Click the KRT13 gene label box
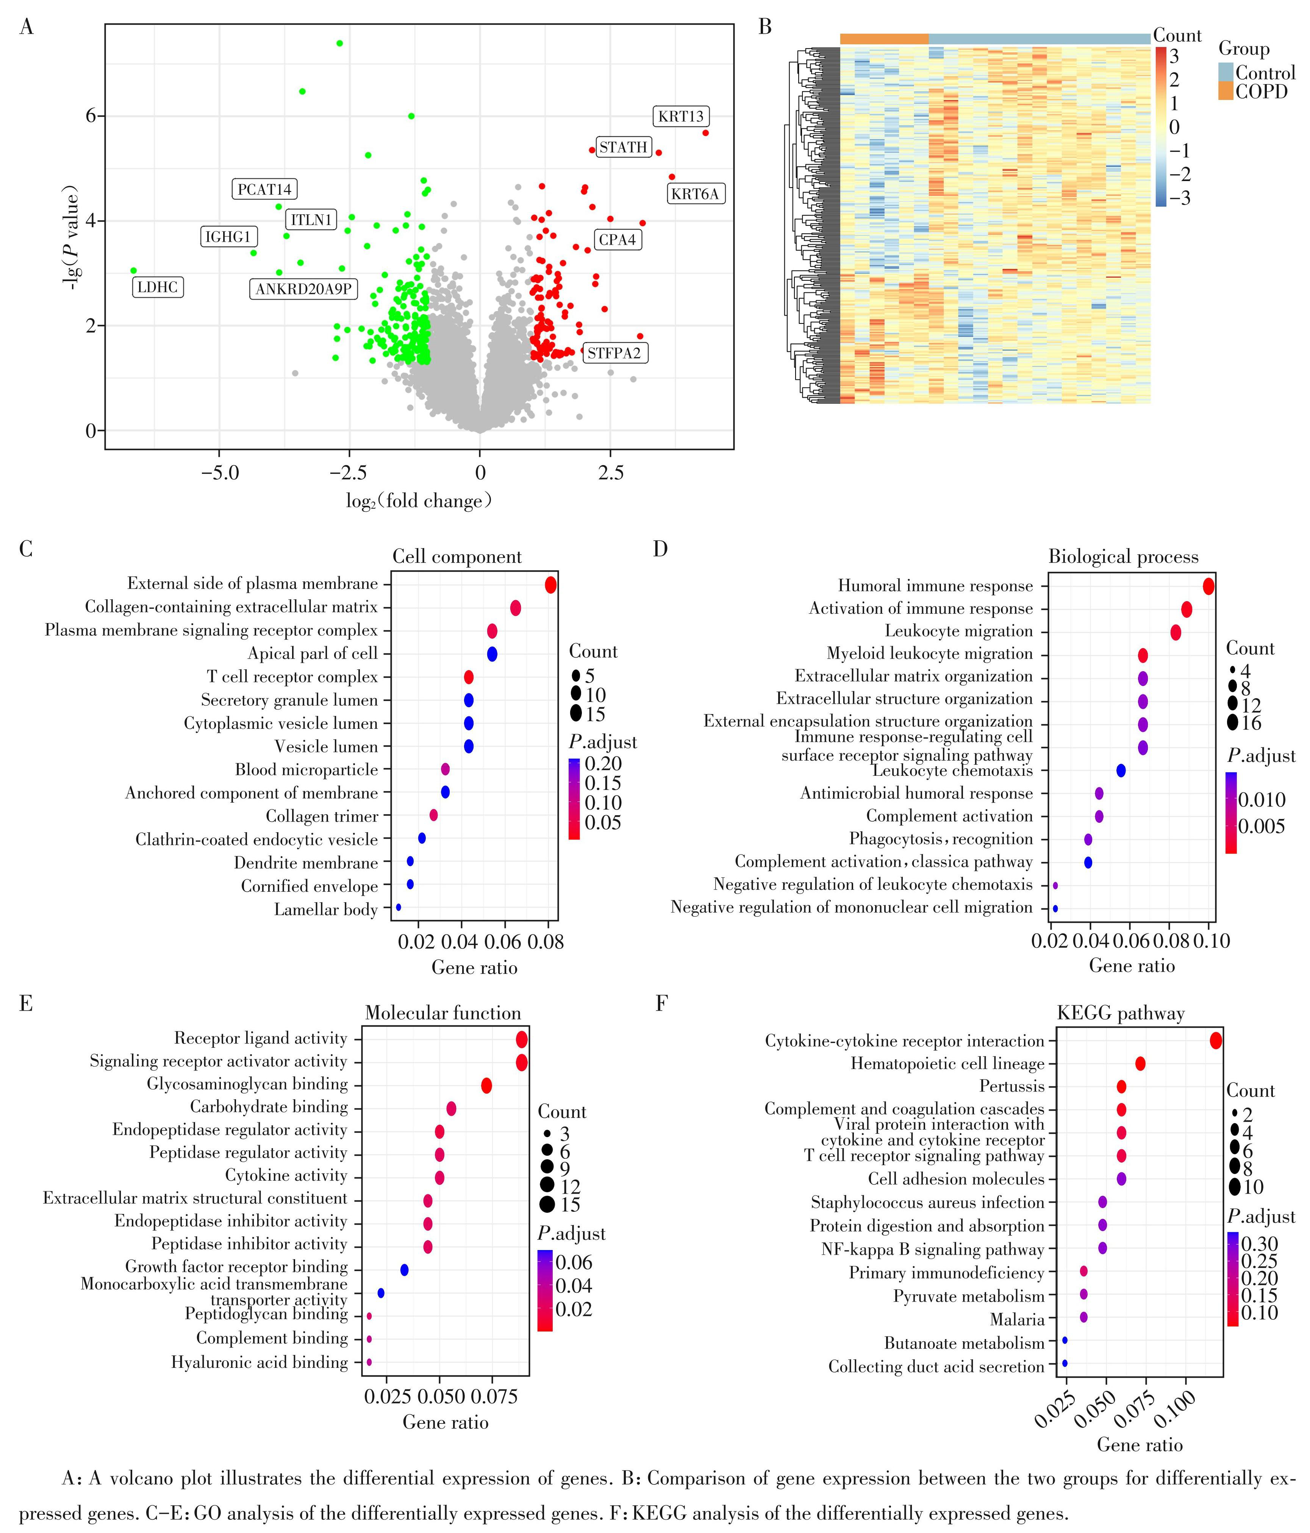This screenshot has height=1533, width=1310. pyautogui.click(x=681, y=116)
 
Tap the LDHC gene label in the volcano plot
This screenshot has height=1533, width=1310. pyautogui.click(x=158, y=287)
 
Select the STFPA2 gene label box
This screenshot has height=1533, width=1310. pyautogui.click(x=614, y=353)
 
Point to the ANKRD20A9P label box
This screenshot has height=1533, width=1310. pyautogui.click(x=303, y=289)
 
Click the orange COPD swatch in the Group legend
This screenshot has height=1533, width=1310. pyautogui.click(x=1226, y=91)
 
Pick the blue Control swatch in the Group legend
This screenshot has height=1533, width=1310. pyautogui.click(x=1226, y=72)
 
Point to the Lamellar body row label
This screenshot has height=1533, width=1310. pyautogui.click(x=326, y=909)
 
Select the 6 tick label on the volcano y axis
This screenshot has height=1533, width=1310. pyautogui.click(x=91, y=116)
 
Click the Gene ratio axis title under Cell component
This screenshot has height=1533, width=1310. pyautogui.click(x=474, y=967)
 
